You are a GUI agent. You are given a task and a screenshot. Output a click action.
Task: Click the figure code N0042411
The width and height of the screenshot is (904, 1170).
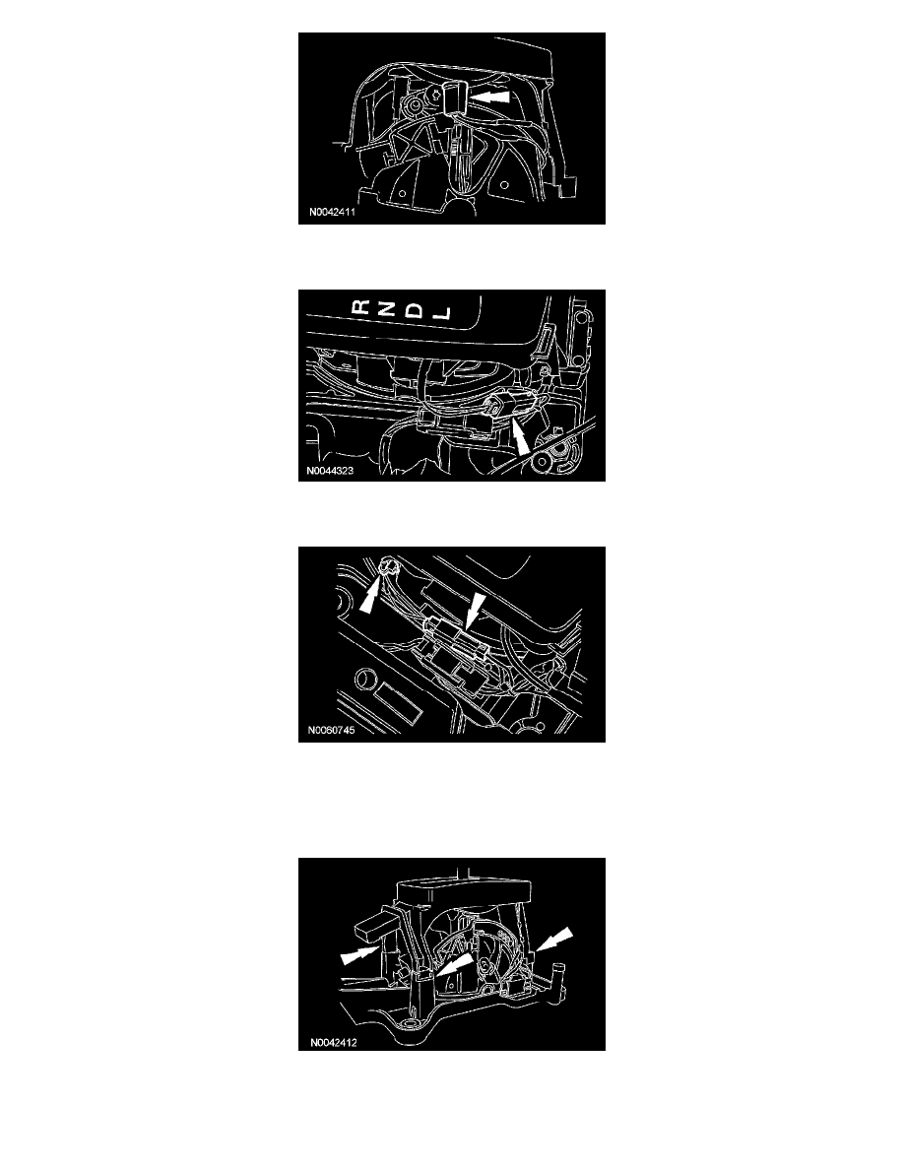coord(332,212)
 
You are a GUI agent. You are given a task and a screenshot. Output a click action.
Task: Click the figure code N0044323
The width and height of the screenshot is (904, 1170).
coord(330,471)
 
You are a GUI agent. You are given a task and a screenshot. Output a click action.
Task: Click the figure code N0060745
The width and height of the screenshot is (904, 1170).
coord(331,730)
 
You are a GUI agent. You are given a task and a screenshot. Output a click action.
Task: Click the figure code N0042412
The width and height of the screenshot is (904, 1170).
coord(334,1042)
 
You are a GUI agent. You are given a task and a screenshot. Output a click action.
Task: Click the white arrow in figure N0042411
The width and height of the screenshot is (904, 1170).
coord(490,97)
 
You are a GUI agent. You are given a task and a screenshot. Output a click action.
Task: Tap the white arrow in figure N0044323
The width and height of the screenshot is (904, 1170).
coord(520,435)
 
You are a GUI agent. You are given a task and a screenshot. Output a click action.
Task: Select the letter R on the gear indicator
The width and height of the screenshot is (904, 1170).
coord(361,306)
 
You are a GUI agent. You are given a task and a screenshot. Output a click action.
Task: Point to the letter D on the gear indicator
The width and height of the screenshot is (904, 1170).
coord(417,309)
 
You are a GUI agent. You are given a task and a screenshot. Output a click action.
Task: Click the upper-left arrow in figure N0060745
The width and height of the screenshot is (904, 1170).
coord(370,596)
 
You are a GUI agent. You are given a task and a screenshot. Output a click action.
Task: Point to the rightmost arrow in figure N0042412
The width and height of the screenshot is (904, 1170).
coord(554,940)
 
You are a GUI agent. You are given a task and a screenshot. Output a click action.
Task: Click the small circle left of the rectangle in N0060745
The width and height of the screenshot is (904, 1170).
coord(364,679)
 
